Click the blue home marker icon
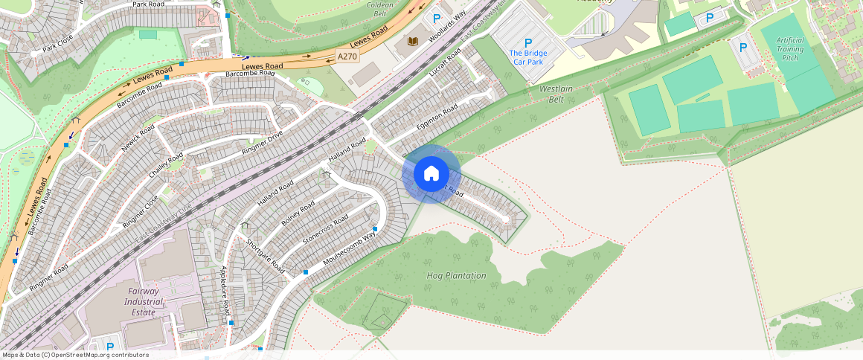(431, 174)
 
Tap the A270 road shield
(347, 56)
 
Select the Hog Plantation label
(456, 276)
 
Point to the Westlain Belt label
(556, 94)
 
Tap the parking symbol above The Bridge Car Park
(528, 43)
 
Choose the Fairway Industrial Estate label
(143, 302)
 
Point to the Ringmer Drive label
(263, 143)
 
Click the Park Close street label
(57, 45)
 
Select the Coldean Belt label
(379, 9)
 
